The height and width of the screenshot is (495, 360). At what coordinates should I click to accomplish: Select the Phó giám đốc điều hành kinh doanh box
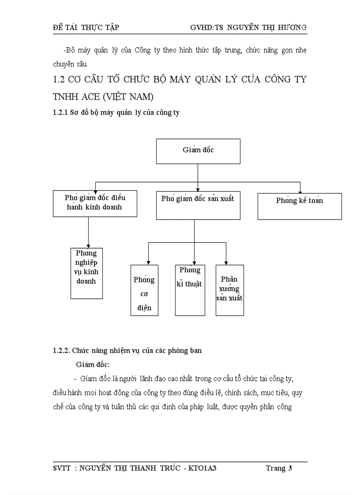point(95,203)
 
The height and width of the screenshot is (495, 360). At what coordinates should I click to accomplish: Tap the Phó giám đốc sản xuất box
point(198,205)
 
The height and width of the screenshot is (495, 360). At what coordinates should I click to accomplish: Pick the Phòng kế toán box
point(300,205)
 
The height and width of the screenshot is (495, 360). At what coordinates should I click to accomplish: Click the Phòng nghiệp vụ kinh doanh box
point(86,273)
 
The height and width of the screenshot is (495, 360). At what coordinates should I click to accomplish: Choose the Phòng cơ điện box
point(144,290)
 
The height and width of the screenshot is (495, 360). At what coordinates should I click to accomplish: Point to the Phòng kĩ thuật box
point(190,290)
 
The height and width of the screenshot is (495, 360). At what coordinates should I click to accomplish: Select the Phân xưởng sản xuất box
point(229,290)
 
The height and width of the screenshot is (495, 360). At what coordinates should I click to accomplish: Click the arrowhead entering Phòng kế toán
point(300,191)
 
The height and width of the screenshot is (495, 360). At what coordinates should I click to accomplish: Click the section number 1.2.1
point(60,113)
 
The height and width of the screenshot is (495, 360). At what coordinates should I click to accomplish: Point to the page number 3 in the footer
point(290,468)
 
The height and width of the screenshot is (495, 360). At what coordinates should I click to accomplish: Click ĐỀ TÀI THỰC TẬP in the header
point(86,27)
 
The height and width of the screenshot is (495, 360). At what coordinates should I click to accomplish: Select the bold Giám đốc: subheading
point(93,365)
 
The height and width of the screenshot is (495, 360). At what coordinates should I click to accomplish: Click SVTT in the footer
point(61,468)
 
